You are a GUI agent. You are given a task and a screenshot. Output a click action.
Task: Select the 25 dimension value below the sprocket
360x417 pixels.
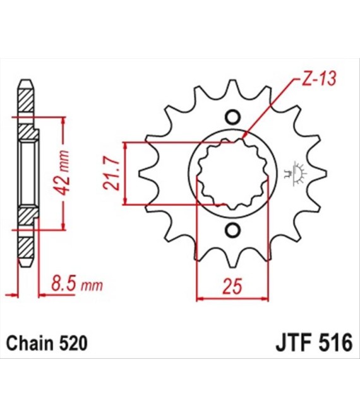[232, 287]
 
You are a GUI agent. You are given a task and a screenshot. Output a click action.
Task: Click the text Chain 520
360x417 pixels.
[47, 343]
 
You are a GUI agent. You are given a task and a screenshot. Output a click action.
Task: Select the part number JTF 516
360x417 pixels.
[315, 343]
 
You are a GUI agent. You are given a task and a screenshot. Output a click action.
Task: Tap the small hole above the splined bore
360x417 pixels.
[232, 117]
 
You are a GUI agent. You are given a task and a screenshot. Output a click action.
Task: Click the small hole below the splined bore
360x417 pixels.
[232, 230]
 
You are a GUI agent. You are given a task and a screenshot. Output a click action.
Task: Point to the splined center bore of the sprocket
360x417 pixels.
[232, 173]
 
